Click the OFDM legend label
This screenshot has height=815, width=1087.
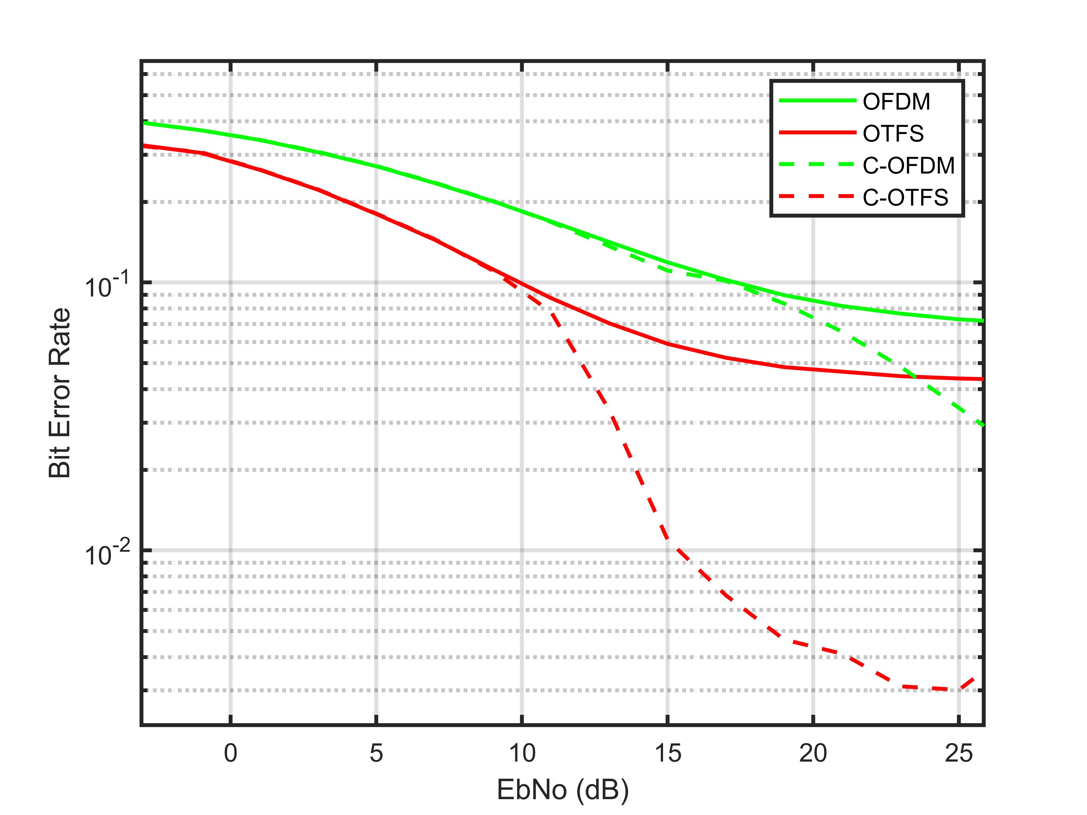click(896, 102)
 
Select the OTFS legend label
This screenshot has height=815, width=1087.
click(893, 134)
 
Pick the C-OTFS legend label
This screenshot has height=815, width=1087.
click(905, 197)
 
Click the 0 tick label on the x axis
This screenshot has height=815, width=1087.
click(230, 753)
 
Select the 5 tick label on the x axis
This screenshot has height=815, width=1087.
click(376, 753)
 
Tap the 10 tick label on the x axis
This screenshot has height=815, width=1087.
click(521, 753)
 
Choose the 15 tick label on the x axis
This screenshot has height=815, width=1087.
click(667, 753)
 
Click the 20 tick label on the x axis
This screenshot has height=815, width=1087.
click(813, 753)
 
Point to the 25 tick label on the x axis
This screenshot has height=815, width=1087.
click(958, 753)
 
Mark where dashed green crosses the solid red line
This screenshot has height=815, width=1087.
click(915, 377)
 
